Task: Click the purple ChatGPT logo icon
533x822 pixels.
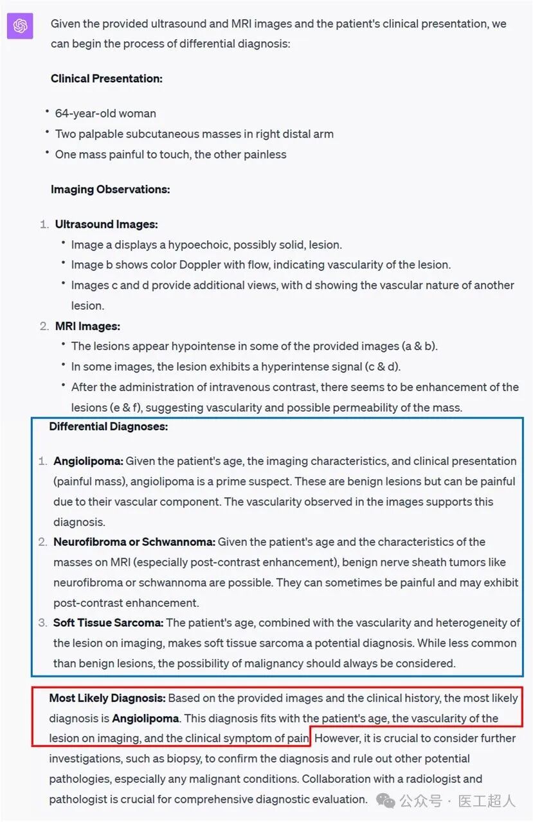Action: [x=20, y=26]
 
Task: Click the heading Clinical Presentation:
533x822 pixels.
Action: [x=106, y=78]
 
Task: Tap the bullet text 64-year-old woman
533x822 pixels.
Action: [x=105, y=113]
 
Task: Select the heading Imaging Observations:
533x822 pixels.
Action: [x=110, y=189]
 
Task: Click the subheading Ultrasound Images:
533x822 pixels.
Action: [x=106, y=224]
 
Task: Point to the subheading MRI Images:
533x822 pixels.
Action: [x=87, y=326]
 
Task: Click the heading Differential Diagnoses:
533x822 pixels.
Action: [x=108, y=426]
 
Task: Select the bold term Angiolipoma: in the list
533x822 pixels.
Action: [x=88, y=461]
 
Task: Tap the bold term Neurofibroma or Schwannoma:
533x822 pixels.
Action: [x=134, y=542]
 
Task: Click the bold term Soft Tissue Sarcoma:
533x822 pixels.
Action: [x=108, y=623]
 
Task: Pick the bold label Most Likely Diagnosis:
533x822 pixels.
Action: [x=107, y=698]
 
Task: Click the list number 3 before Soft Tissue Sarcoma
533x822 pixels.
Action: [x=43, y=623]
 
